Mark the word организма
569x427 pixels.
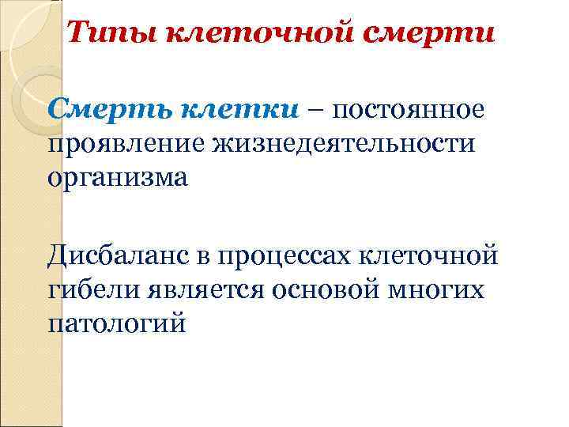118,179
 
